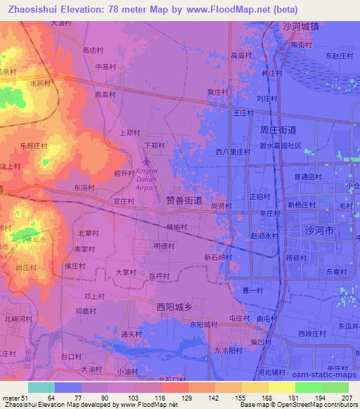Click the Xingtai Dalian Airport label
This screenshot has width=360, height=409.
(146, 178)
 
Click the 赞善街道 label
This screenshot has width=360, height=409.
(184, 201)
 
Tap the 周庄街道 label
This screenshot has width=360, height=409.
(278, 130)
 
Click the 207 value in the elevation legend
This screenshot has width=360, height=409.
(346, 397)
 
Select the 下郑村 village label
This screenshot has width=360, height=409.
(154, 145)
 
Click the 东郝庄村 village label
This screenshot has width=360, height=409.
(33, 146)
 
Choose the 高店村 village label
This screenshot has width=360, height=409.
(94, 51)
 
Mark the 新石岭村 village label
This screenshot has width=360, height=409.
(218, 258)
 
